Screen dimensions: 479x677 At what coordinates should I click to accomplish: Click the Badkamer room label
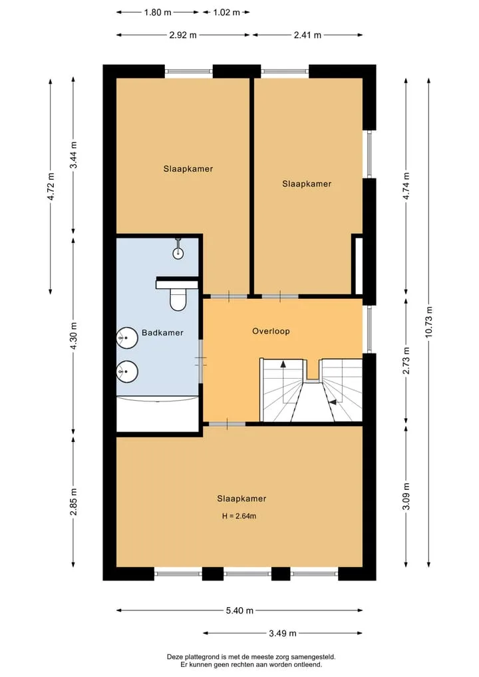tap(162, 332)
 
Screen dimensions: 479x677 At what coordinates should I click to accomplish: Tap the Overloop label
tap(271, 331)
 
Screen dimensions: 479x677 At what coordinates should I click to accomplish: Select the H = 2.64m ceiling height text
tap(239, 515)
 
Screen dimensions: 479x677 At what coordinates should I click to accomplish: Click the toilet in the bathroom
tap(178, 299)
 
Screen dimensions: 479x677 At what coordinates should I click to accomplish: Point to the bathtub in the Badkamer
tap(158, 413)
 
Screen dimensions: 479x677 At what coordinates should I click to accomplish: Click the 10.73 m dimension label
tap(428, 322)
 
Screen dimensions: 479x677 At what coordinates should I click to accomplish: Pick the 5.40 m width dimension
tap(239, 610)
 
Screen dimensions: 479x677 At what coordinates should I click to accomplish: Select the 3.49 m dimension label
tap(283, 633)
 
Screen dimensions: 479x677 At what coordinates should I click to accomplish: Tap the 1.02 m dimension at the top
tap(227, 12)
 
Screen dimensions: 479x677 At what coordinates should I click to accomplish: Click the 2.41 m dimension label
tap(307, 35)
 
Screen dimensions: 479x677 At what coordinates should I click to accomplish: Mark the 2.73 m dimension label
tap(406, 361)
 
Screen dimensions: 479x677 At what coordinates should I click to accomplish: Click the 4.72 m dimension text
tap(51, 186)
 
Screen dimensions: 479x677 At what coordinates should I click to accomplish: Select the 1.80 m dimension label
tap(158, 12)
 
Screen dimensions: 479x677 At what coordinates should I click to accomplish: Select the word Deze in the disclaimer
tap(174, 657)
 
